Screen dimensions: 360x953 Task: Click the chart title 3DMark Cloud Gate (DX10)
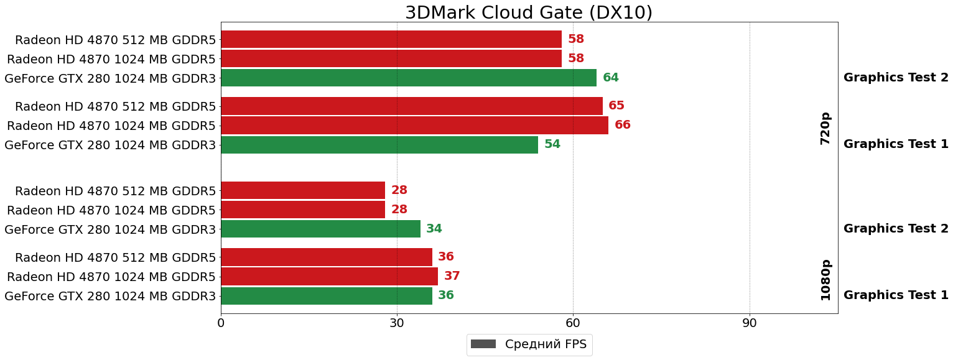coord(529,12)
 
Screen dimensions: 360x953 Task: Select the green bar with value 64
coord(408,78)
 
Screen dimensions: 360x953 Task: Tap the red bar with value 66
coord(414,125)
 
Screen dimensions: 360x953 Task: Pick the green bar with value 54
coord(379,144)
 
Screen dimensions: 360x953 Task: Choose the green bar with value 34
coord(320,229)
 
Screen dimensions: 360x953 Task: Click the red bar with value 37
coord(329,276)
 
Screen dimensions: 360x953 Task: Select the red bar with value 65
coord(411,106)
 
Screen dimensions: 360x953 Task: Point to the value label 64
coord(611,78)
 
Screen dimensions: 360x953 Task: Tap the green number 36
coord(446,295)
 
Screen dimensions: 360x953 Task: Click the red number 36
coord(446,257)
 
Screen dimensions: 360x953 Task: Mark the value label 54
coord(552,144)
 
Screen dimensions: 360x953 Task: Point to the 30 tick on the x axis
coord(397,323)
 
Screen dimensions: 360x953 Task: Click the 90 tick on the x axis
coord(750,323)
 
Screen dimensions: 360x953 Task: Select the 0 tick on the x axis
coord(221,323)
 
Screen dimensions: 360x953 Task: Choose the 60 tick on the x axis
coord(573,323)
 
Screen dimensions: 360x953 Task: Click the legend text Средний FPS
coord(546,344)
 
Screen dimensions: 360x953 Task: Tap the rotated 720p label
coord(825,129)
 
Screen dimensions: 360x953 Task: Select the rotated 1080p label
coord(825,280)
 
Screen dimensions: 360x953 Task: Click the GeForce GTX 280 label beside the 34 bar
coord(110,229)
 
